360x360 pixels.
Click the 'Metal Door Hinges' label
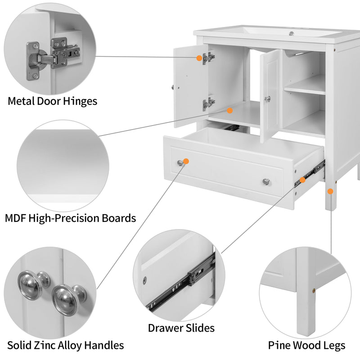(52, 101)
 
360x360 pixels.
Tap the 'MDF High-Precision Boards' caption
(70, 218)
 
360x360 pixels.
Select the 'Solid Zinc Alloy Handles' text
(65, 345)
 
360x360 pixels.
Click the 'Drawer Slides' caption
(181, 328)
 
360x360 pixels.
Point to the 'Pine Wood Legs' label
(307, 345)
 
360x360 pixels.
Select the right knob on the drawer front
(266, 181)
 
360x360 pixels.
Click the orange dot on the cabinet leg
(330, 191)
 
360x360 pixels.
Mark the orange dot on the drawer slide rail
(303, 180)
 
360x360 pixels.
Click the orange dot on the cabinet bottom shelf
(229, 110)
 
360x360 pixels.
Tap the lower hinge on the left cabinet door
(207, 103)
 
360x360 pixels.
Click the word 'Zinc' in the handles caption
(48, 345)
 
